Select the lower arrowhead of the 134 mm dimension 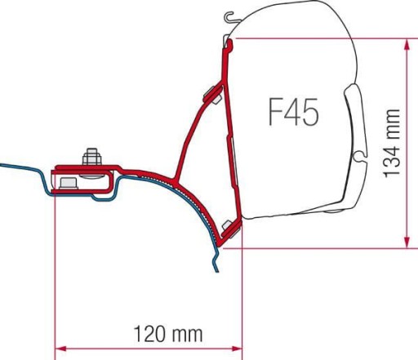406,242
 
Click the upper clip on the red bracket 210,90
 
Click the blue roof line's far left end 2,166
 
